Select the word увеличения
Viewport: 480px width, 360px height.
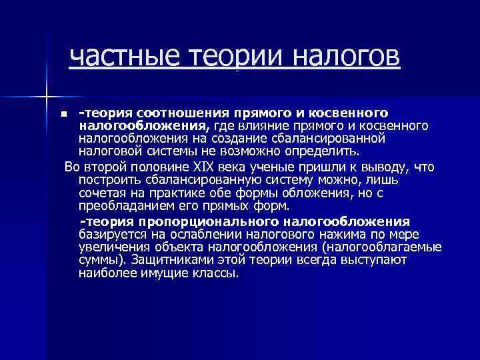pyautogui.click(x=111, y=247)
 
